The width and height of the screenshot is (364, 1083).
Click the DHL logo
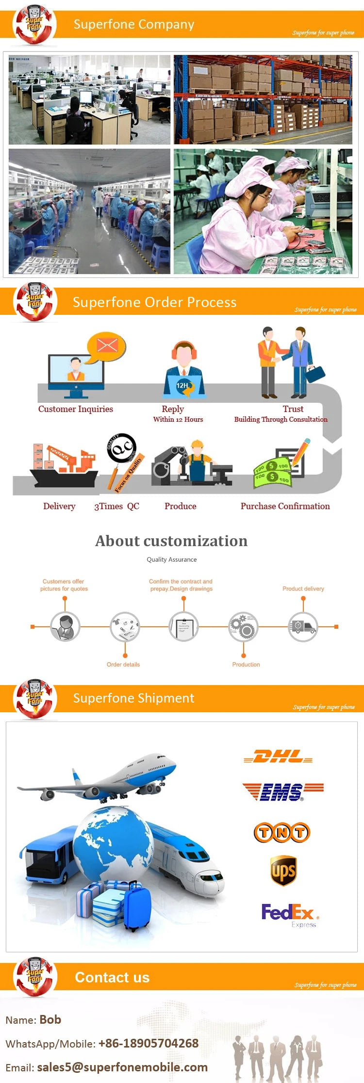click(x=278, y=756)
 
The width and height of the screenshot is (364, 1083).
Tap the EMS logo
click(x=283, y=791)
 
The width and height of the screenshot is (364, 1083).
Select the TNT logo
click(x=281, y=832)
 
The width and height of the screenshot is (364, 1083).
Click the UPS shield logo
click(x=283, y=871)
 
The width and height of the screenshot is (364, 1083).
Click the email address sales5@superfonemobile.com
click(x=122, y=1067)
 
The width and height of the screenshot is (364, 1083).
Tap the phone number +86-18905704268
click(x=149, y=1043)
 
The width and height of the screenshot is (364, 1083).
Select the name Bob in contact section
click(x=50, y=1019)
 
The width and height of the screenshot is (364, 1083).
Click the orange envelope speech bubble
click(x=107, y=346)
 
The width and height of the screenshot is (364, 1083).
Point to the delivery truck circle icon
click(x=303, y=627)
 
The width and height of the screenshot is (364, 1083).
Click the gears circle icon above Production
click(x=243, y=627)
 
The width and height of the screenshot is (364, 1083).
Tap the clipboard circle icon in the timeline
click(x=183, y=627)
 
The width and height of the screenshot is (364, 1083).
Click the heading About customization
click(x=171, y=541)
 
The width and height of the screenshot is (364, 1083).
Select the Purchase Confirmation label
click(x=285, y=506)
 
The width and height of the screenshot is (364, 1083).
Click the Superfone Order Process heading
click(x=154, y=302)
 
